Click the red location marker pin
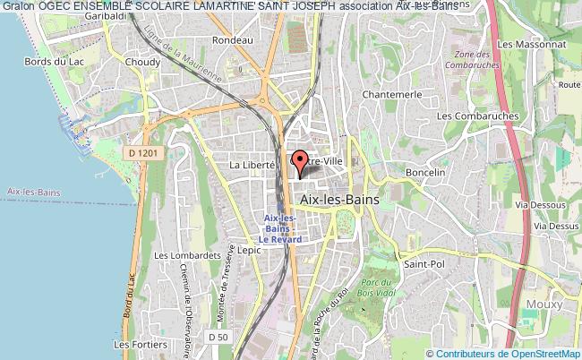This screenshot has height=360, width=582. point(301,161)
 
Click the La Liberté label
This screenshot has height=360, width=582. point(252,166)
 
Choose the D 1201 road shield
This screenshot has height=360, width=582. point(142,154)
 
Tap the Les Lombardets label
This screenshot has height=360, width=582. point(187,255)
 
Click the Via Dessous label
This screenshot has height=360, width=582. point(536,204)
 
